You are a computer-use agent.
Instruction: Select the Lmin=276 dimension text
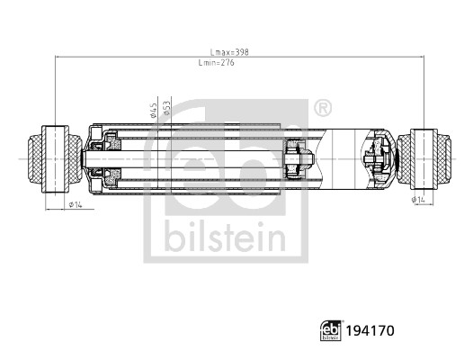tap(216, 63)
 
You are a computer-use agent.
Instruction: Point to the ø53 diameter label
tap(166, 110)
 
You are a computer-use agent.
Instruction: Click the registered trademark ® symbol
tap(320, 109)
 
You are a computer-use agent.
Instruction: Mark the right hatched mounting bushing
tap(424, 157)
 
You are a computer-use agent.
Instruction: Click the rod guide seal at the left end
tap(103, 157)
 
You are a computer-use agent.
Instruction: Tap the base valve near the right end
tap(375, 157)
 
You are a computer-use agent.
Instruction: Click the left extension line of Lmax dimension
tap(56, 90)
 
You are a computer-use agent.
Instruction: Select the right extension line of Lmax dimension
tap(422, 90)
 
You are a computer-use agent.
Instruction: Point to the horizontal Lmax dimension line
tap(135, 58)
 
